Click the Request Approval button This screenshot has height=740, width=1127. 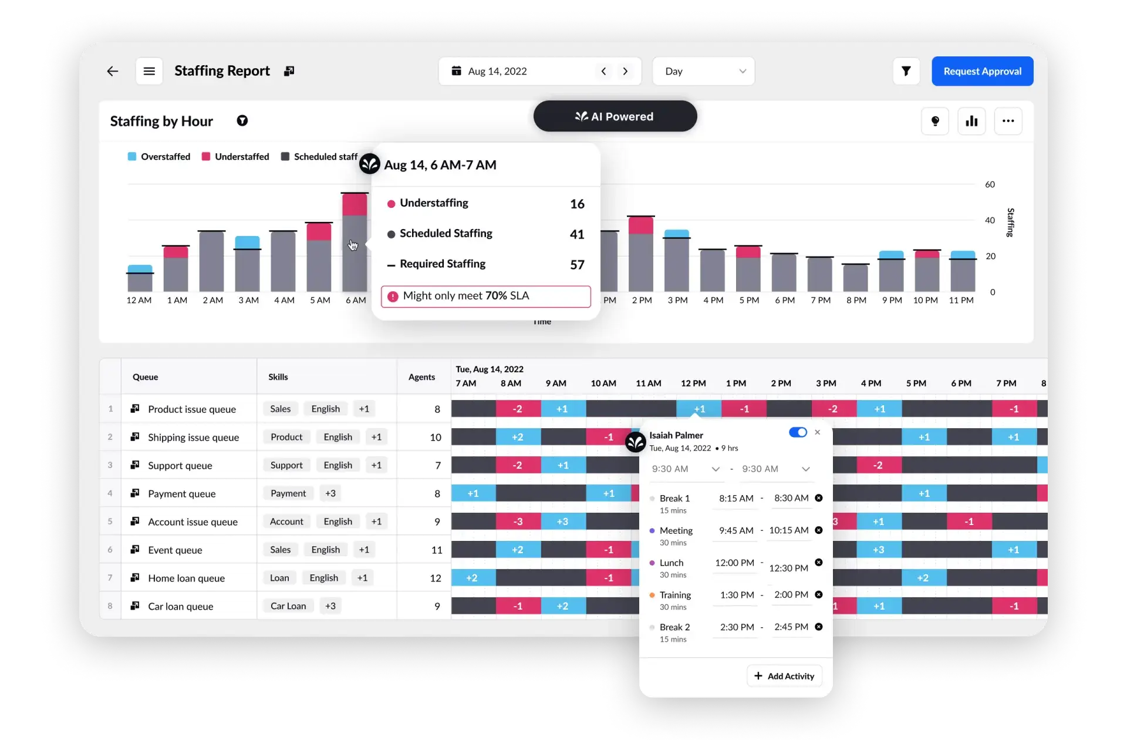[x=982, y=71]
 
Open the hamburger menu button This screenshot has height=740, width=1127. [x=149, y=71]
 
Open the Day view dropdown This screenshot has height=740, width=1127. [x=703, y=71]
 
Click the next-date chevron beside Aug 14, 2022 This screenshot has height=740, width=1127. [x=625, y=71]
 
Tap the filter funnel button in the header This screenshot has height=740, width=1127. [x=906, y=71]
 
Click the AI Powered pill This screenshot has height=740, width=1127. [x=615, y=116]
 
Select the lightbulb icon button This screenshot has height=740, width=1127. [x=935, y=121]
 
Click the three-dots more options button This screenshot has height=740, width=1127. [x=1008, y=121]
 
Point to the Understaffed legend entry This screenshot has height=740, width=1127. [x=235, y=157]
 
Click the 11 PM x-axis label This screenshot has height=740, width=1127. [x=961, y=300]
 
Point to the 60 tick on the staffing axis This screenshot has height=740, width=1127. [x=990, y=184]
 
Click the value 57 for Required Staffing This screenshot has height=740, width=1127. [x=577, y=265]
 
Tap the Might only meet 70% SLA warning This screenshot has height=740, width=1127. [x=485, y=296]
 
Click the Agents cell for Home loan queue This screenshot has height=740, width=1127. [x=435, y=578]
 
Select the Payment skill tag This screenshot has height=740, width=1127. [x=288, y=493]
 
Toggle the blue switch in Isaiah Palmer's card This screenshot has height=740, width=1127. [x=798, y=432]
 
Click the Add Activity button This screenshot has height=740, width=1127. [x=784, y=676]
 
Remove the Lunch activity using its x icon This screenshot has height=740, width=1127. [x=819, y=563]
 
